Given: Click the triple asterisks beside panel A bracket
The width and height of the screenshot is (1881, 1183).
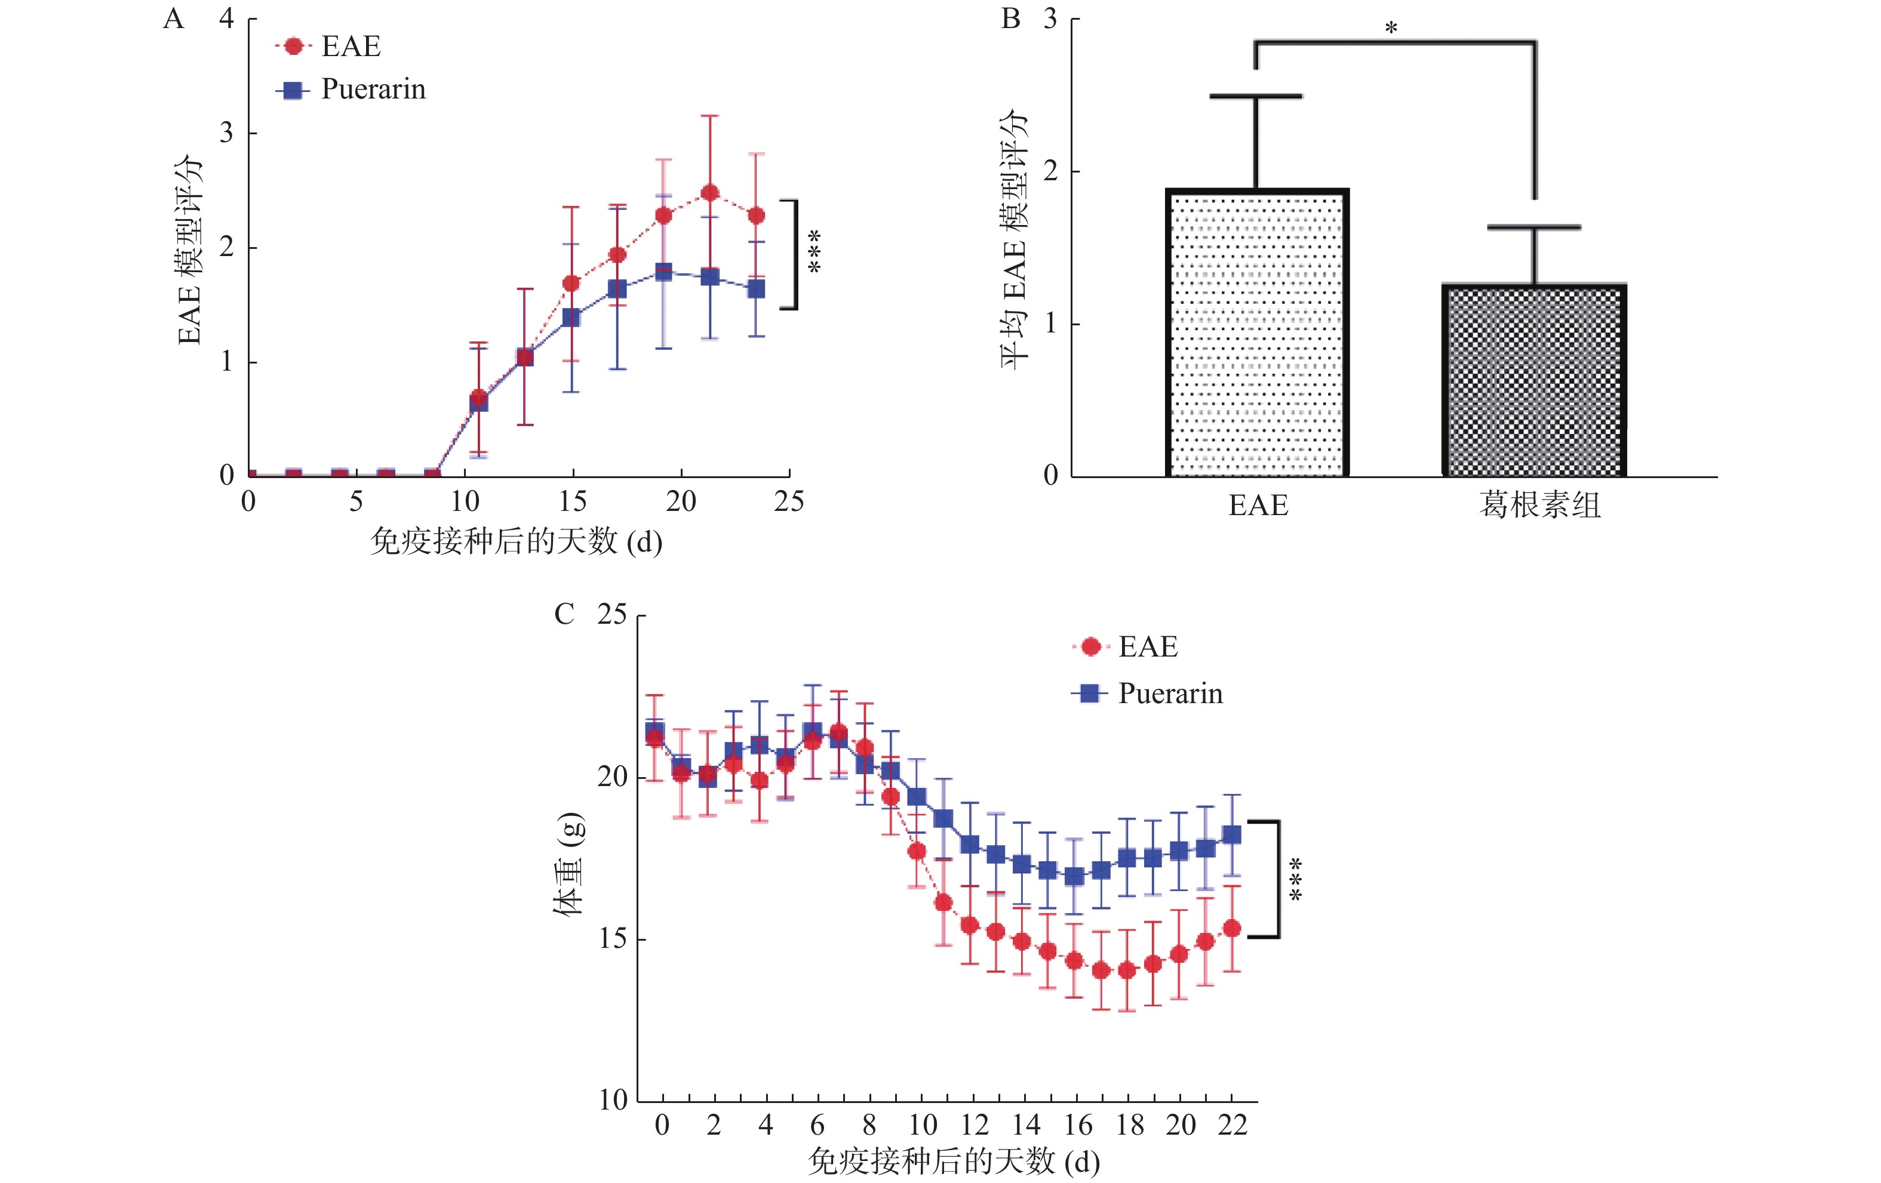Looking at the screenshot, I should point(815,251).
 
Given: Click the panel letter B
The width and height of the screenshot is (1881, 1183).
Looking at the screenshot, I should point(1011,19).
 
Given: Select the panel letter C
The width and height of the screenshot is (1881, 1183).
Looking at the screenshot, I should point(564,615).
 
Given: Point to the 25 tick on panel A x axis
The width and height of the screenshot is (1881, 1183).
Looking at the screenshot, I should point(789,501).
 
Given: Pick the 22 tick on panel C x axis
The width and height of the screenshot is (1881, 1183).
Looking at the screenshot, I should point(1232,1125).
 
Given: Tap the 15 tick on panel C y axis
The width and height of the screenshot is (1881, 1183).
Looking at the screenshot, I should point(613,939).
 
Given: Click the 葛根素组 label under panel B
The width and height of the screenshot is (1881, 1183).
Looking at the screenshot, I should point(1539,505).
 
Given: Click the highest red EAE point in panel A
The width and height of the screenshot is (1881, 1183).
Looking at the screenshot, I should point(710,193).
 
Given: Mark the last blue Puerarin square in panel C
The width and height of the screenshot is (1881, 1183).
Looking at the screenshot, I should point(1232,835).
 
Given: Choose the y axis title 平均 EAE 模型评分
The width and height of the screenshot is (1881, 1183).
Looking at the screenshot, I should point(1014,238).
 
